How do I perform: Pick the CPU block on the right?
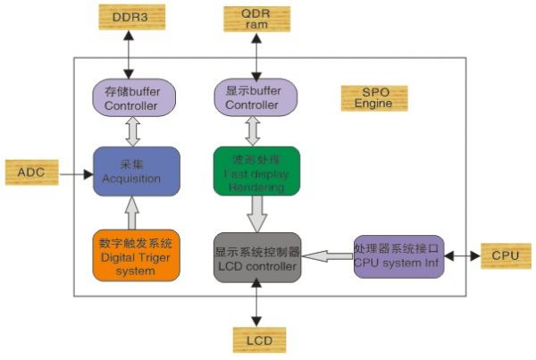tap(506, 255)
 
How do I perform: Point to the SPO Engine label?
tap(373, 98)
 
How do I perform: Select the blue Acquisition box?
tap(136, 172)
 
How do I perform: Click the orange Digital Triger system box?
tap(136, 256)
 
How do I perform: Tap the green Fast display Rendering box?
tap(256, 171)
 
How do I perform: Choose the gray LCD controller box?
tap(257, 257)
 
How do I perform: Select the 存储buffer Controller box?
tap(136, 97)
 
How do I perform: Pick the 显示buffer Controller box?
tap(257, 97)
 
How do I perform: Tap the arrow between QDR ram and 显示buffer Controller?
tap(258, 56)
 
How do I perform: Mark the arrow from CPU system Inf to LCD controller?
tap(326, 257)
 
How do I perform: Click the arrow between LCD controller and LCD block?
tap(257, 305)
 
